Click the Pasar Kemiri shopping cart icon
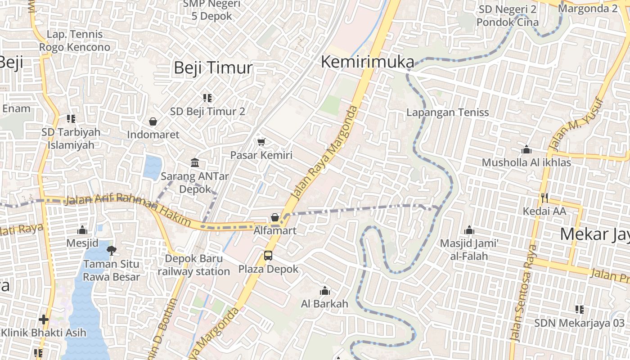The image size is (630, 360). tap(261, 142)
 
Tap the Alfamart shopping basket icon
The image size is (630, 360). tap(275, 217)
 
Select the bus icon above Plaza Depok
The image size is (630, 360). tap(268, 256)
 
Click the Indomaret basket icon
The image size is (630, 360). tap(153, 121)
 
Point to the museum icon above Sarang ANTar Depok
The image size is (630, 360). tap(195, 162)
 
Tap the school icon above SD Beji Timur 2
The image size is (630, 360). tap(207, 98)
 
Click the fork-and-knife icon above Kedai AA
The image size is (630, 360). tap(544, 197)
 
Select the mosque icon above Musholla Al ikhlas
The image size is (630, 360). tap(526, 149)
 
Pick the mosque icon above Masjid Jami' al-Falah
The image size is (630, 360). tap(469, 230)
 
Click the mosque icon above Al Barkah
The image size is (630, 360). tap(324, 291)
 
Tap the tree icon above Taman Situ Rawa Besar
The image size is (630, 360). tap(111, 250)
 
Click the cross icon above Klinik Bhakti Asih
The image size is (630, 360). tap(44, 319)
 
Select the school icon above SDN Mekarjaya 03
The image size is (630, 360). tap(579, 310)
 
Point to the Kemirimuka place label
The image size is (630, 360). tap(367, 62)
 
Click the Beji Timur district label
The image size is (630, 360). tap(213, 68)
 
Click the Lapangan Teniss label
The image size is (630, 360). tap(447, 112)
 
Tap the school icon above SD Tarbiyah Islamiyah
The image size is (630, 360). tap(71, 119)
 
